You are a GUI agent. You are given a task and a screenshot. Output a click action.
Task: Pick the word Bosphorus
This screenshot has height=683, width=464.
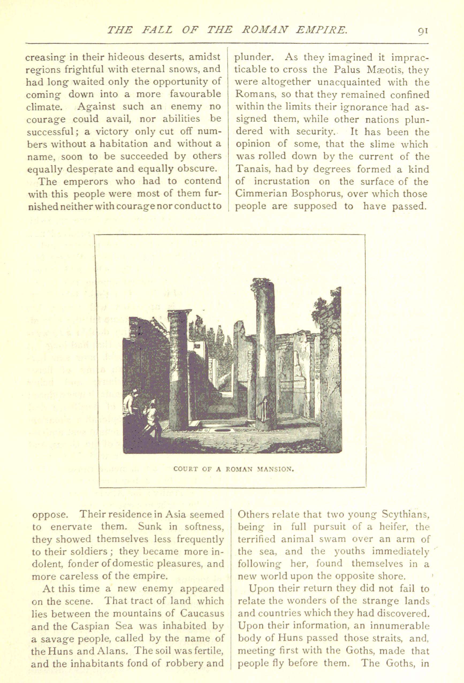[318, 194]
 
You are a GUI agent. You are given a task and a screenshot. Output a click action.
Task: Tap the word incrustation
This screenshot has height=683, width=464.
[282, 181]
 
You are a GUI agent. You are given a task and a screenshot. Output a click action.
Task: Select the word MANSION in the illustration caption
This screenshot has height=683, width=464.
[276, 469]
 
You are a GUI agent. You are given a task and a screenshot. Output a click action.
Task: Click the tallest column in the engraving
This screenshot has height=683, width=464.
[265, 353]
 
